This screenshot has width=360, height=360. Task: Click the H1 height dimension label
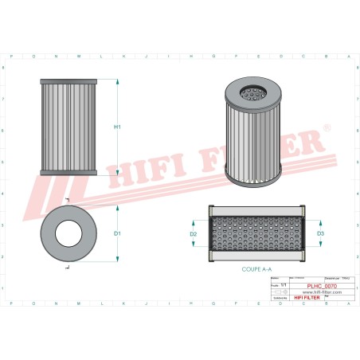117,127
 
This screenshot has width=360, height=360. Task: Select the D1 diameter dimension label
117,233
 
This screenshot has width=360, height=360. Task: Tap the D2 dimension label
194,234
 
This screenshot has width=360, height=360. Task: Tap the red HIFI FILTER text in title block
309,298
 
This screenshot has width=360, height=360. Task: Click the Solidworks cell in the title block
281,298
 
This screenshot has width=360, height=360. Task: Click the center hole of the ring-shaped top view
68,233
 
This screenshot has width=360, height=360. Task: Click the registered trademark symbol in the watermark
326,127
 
